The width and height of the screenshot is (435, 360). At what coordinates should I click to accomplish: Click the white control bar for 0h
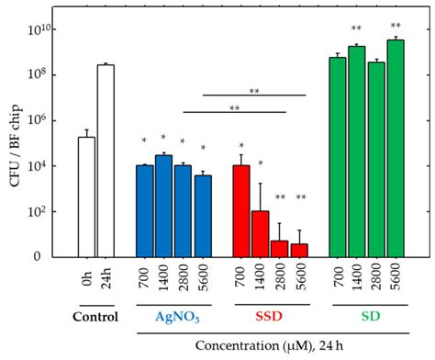86,197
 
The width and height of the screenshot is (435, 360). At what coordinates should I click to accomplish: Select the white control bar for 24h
106,161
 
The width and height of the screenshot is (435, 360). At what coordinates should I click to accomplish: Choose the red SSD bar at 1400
261,233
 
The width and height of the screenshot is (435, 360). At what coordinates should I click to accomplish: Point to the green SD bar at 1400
357,152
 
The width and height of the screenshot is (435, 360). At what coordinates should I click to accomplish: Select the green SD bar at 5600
396,148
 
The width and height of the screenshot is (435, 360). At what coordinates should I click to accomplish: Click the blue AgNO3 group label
174,318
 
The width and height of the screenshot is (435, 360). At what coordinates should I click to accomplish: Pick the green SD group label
367,318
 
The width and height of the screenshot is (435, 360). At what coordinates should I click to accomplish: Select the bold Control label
96,318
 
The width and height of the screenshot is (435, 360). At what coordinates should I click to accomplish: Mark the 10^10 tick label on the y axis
52,29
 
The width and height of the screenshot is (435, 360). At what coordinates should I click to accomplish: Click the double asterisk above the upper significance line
253,90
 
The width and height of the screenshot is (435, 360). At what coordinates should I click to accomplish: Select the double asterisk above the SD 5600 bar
396,27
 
